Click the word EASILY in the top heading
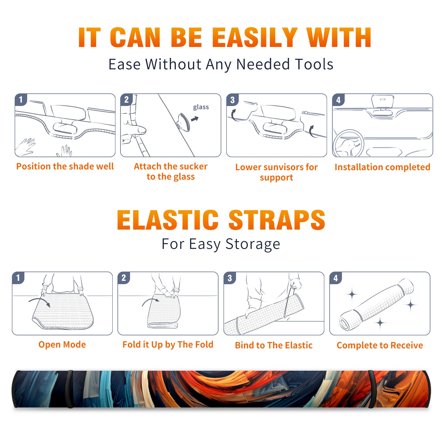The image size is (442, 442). pyautogui.click(x=254, y=38)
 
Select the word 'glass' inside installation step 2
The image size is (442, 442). pyautogui.click(x=201, y=107)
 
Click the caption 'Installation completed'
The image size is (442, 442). pyautogui.click(x=382, y=167)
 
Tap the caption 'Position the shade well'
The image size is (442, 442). pyautogui.click(x=65, y=166)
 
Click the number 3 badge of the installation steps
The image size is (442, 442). pyautogui.click(x=232, y=100)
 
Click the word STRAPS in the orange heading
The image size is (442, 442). pyautogui.click(x=277, y=220)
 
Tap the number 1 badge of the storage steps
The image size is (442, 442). pyautogui.click(x=18, y=278)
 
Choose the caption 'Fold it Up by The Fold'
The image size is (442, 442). pyautogui.click(x=168, y=344)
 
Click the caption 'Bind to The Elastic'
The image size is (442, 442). pyautogui.click(x=274, y=345)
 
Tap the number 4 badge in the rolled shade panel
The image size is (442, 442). pyautogui.click(x=336, y=278)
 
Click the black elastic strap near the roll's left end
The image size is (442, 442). pyautogui.click(x=70, y=389)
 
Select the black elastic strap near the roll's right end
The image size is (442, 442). pyautogui.click(x=371, y=389)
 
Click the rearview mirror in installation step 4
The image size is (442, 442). pyautogui.click(x=383, y=101)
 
